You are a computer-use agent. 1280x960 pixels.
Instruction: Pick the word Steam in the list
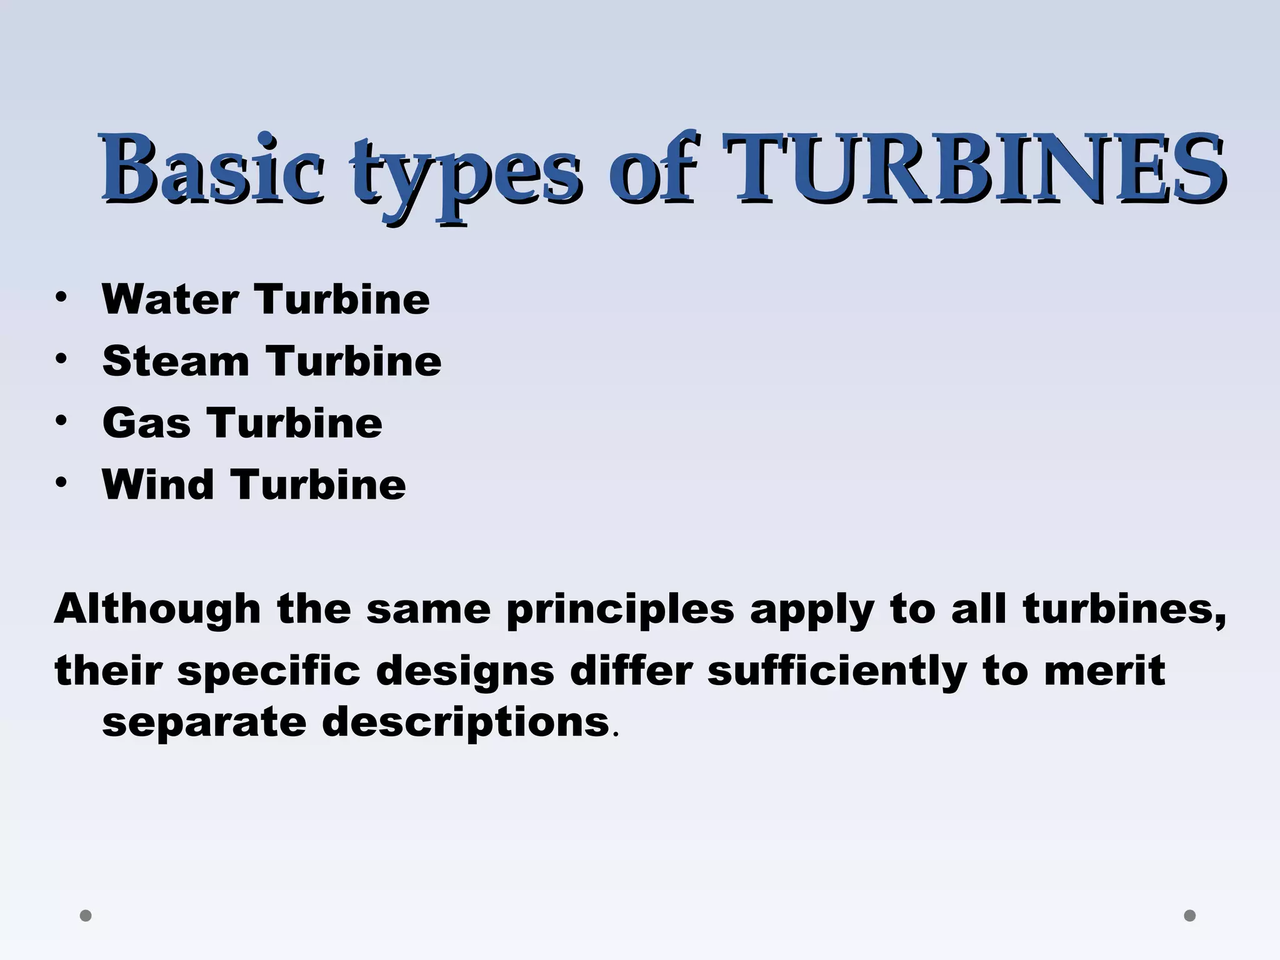coord(176,361)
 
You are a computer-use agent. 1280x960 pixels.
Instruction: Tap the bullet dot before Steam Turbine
coord(60,359)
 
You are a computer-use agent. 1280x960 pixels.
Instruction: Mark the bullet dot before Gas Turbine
coord(60,421)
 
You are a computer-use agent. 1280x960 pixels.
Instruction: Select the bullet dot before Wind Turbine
coord(60,482)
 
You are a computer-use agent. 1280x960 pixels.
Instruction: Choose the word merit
coord(1104,670)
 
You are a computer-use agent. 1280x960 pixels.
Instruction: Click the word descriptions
coord(465,722)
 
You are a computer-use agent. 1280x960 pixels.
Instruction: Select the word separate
coord(204,722)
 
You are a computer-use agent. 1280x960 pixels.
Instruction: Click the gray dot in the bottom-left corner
coord(86,916)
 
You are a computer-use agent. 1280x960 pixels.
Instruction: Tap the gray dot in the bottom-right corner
coord(1190,916)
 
